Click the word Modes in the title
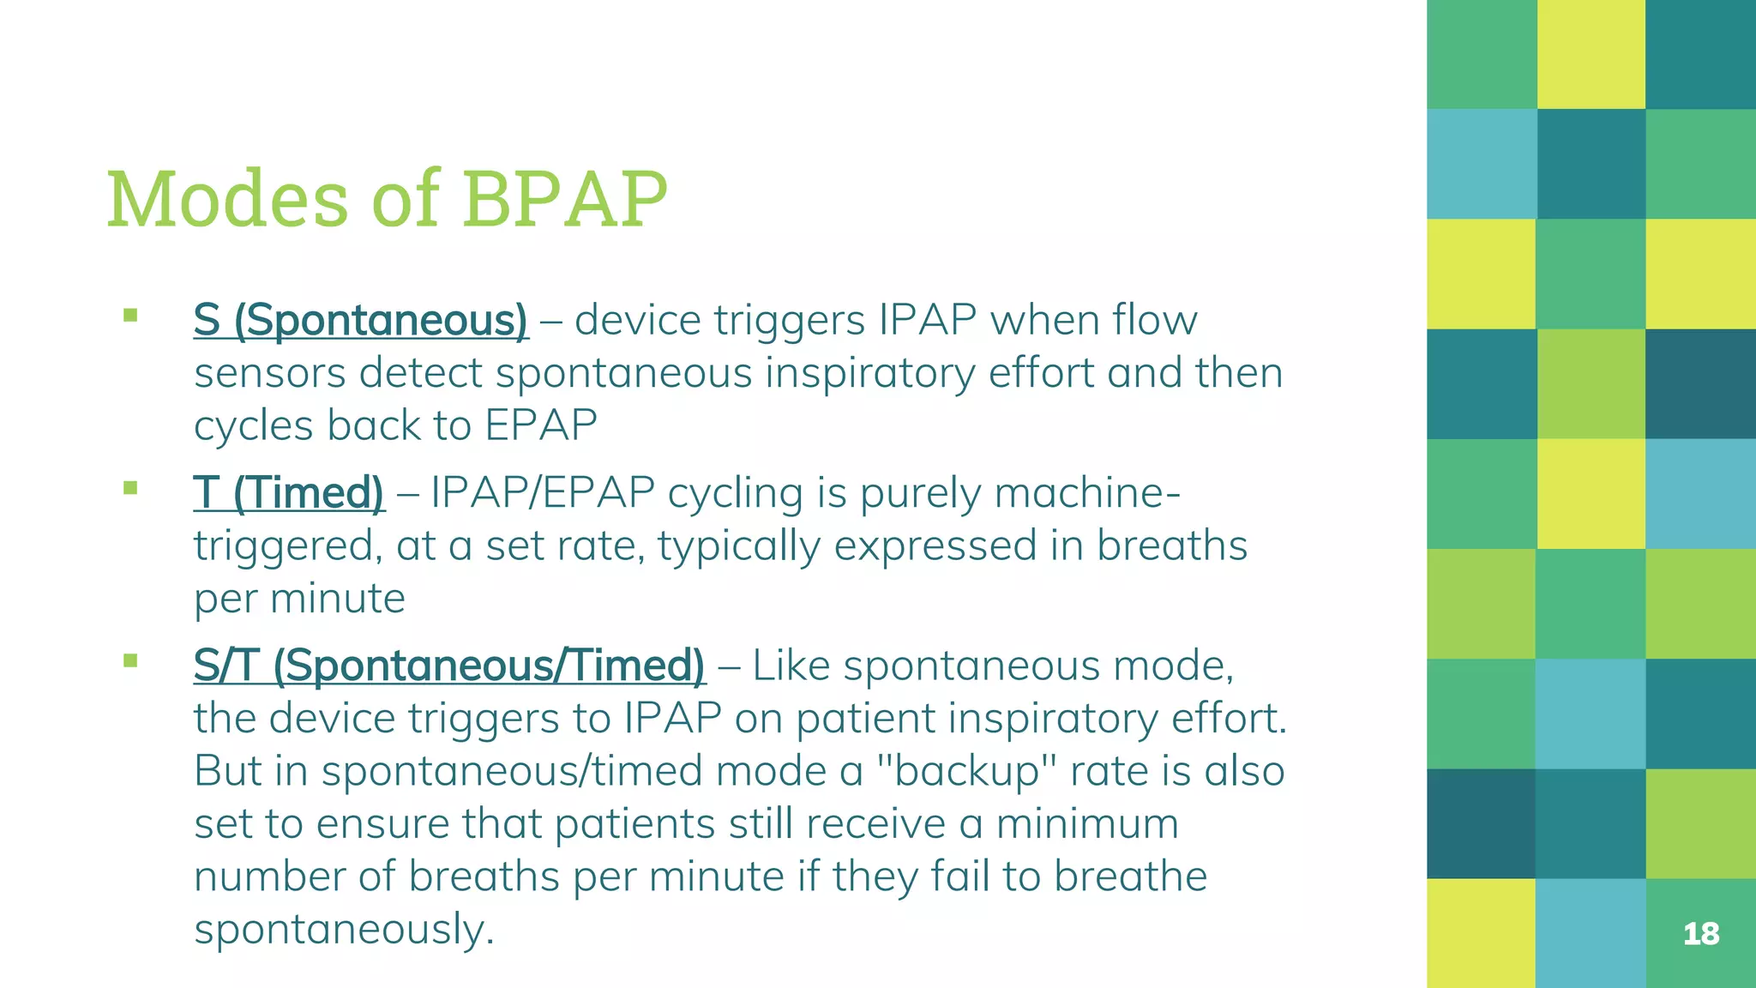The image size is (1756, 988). pyautogui.click(x=227, y=199)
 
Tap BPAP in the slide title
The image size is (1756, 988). pyautogui.click(x=565, y=199)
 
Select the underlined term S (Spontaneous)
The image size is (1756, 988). pyautogui.click(x=361, y=321)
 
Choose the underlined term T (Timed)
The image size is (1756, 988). pyautogui.click(x=289, y=493)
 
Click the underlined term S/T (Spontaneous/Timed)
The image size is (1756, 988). pyautogui.click(x=449, y=666)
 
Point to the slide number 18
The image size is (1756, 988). pyautogui.click(x=1701, y=933)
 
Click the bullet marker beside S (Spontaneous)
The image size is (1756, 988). pyautogui.click(x=130, y=315)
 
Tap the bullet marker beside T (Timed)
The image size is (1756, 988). pyautogui.click(x=130, y=488)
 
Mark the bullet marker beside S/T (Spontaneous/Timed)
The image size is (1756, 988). pyautogui.click(x=130, y=660)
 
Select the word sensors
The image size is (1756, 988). pyautogui.click(x=269, y=374)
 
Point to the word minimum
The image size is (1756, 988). pyautogui.click(x=1086, y=824)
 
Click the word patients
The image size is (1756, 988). pyautogui.click(x=634, y=824)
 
